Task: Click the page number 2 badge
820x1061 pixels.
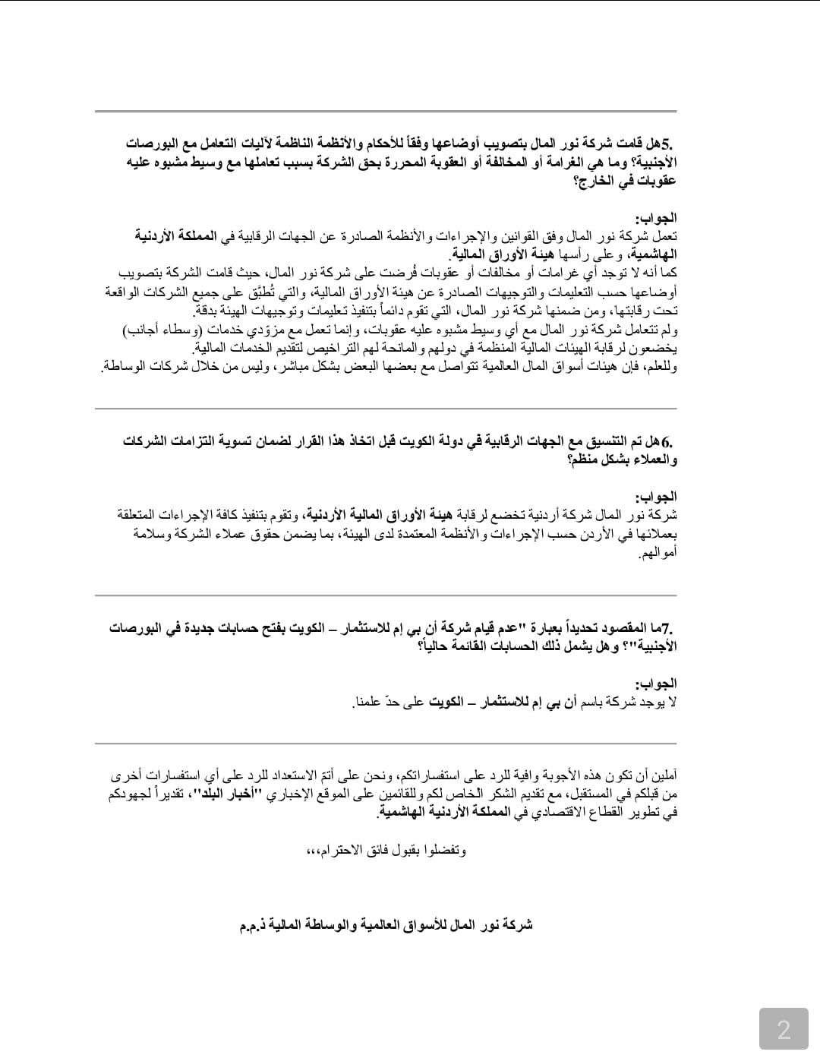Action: [x=784, y=1029]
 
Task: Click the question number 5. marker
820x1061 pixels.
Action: [x=668, y=144]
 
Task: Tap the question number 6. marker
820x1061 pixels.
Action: [x=667, y=441]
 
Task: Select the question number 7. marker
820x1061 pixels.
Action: [x=667, y=628]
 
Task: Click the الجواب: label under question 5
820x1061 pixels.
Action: [x=656, y=218]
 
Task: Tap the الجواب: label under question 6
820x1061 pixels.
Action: [x=656, y=497]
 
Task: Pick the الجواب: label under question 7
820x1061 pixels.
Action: [x=656, y=684]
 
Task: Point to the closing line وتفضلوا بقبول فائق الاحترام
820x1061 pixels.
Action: [x=386, y=849]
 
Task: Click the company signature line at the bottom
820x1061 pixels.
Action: [x=386, y=924]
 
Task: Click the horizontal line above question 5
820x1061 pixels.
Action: [x=386, y=112]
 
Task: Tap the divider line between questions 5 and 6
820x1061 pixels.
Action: [x=386, y=409]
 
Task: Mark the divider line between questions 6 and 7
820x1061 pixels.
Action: [x=386, y=595]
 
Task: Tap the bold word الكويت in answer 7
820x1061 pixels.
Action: [x=446, y=702]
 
